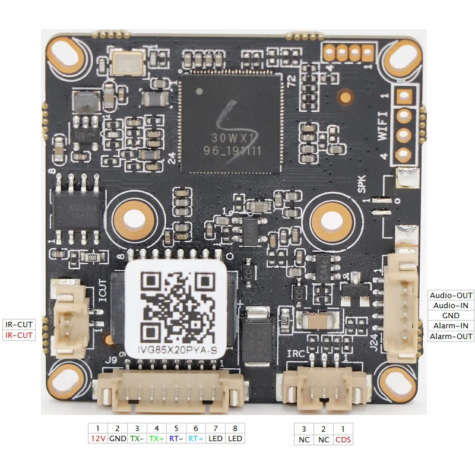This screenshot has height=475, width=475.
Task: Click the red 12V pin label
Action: [98, 438]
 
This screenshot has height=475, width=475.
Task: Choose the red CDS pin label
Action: [343, 439]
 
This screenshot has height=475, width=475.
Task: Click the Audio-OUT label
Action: [451, 295]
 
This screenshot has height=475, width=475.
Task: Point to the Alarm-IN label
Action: [451, 325]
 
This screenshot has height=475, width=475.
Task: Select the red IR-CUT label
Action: [19, 335]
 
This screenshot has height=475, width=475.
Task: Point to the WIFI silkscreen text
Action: [383, 125]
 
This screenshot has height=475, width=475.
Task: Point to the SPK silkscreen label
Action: [361, 186]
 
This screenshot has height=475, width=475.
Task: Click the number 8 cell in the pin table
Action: [235, 428]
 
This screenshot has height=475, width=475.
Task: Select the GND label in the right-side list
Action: [451, 315]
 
